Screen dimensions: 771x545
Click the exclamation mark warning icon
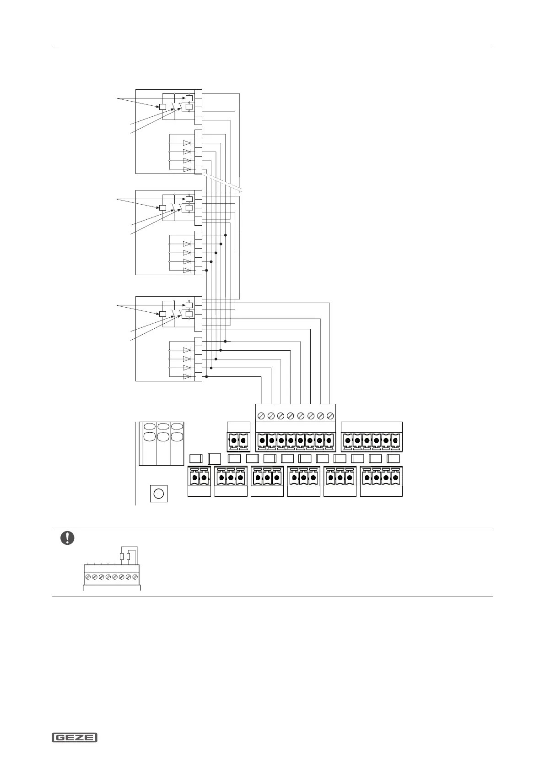pyautogui.click(x=67, y=538)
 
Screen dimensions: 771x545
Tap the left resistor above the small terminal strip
pyautogui.click(x=121, y=557)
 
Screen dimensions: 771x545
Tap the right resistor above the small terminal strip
pyautogui.click(x=128, y=557)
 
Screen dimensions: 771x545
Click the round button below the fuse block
pyautogui.click(x=158, y=494)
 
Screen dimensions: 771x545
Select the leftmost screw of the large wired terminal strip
pyautogui.click(x=261, y=416)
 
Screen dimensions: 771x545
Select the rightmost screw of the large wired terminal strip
pyautogui.click(x=330, y=416)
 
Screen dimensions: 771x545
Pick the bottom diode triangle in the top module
pyautogui.click(x=187, y=169)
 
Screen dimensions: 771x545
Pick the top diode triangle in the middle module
pyautogui.click(x=187, y=244)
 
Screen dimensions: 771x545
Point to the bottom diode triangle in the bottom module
pyautogui.click(x=187, y=376)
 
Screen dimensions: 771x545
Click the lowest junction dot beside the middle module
pyautogui.click(x=206, y=270)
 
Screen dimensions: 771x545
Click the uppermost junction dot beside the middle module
pyautogui.click(x=226, y=235)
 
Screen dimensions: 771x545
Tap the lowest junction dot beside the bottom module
pyautogui.click(x=206, y=376)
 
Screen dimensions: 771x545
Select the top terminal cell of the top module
pyautogui.click(x=198, y=94)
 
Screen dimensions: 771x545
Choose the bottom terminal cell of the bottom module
pyautogui.click(x=198, y=376)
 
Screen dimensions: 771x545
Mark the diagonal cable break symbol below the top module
pyautogui.click(x=224, y=183)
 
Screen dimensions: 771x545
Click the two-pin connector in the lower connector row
pyautogui.click(x=199, y=478)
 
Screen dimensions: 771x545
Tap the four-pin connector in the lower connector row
pyautogui.click(x=381, y=478)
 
